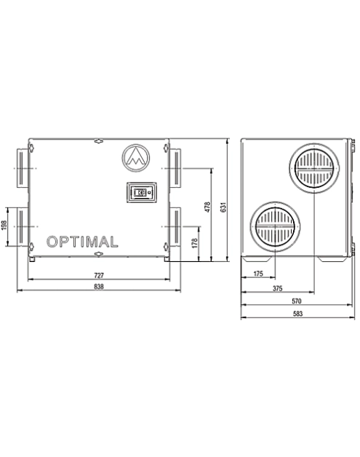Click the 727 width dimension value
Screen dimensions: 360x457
click(99, 275)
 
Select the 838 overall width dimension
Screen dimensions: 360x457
click(99, 287)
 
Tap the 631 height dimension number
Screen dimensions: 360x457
click(223, 207)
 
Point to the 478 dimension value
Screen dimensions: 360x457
click(207, 207)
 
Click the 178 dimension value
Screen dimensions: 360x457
click(195, 243)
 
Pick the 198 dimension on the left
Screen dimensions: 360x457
click(4, 225)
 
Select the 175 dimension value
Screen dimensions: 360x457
click(258, 274)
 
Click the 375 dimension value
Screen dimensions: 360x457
click(278, 288)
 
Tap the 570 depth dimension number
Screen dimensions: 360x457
click(297, 301)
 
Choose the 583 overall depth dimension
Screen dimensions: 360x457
click(297, 314)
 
